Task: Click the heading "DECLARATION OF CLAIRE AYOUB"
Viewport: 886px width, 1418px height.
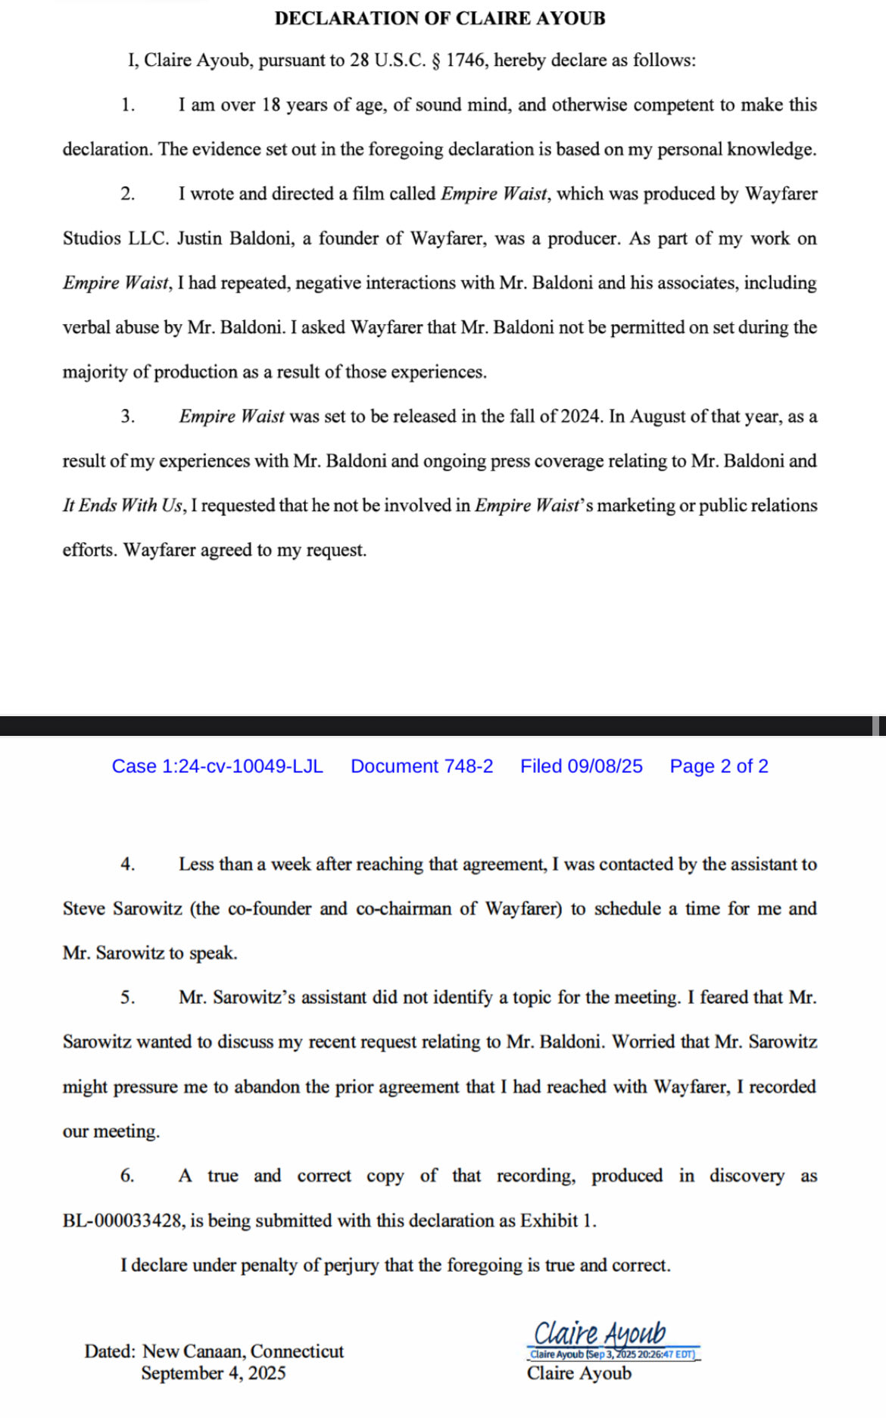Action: pyautogui.click(x=440, y=18)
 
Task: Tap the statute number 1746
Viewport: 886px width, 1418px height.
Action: pyautogui.click(x=465, y=61)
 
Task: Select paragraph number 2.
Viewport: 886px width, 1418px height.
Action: pyautogui.click(x=127, y=194)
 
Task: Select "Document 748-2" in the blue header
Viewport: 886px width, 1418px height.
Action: pyautogui.click(x=422, y=766)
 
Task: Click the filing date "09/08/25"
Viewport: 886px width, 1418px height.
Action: pyautogui.click(x=605, y=766)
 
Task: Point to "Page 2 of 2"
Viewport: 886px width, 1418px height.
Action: pyautogui.click(x=719, y=766)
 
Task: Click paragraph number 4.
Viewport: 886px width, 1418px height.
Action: pyautogui.click(x=127, y=865)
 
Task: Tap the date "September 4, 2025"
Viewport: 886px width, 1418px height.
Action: pyautogui.click(x=213, y=1373)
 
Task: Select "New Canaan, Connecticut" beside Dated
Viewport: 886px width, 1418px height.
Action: pyautogui.click(x=243, y=1351)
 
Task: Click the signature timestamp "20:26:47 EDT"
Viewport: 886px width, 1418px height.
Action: pyautogui.click(x=666, y=1354)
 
